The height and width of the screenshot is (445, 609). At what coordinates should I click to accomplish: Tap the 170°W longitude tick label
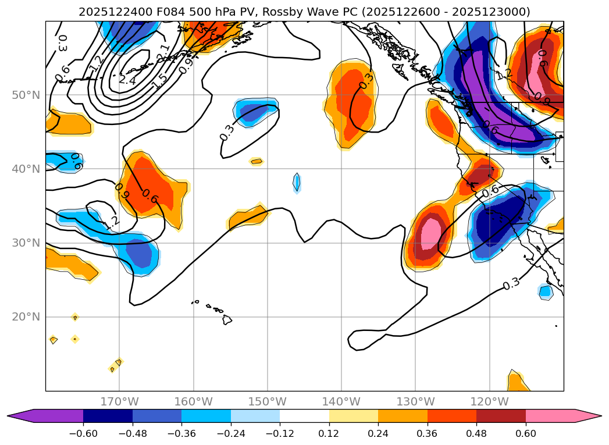pos(119,402)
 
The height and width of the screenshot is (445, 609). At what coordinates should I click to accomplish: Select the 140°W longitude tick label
pos(341,402)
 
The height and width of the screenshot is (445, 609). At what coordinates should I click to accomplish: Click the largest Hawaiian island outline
pos(227,319)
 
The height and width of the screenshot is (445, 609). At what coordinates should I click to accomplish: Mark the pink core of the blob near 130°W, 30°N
pos(431,233)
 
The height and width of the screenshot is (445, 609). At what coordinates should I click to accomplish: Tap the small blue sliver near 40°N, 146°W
pos(297,183)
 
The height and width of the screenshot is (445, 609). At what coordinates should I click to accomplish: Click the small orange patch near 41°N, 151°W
pos(257,161)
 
